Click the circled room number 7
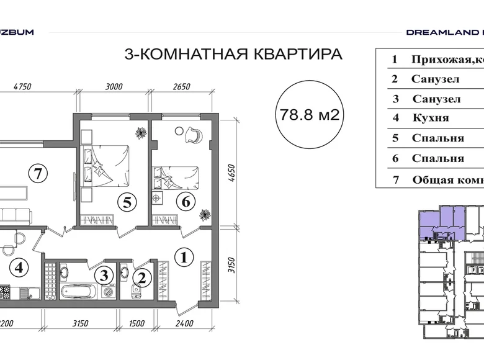click(38, 174)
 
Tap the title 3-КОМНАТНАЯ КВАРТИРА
click(233, 54)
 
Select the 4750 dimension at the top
click(22, 87)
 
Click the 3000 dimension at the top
click(114, 87)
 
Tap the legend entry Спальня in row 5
click(437, 138)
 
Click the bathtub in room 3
click(76, 291)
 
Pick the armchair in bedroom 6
click(192, 133)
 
